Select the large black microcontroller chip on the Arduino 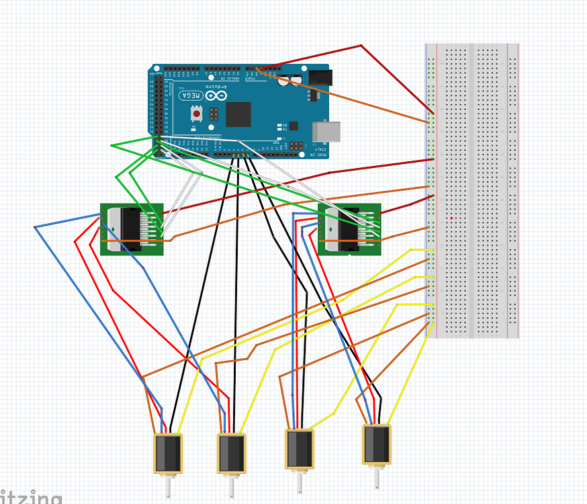point(238,114)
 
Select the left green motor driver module point(132,229)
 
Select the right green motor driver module point(349,229)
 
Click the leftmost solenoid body point(169,453)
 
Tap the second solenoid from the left point(232,453)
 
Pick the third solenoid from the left point(300,448)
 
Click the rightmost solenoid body point(377,444)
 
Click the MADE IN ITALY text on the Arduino point(320,154)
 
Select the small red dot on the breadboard point(453,218)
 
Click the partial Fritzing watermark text point(30,498)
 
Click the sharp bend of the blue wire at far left point(35,228)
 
